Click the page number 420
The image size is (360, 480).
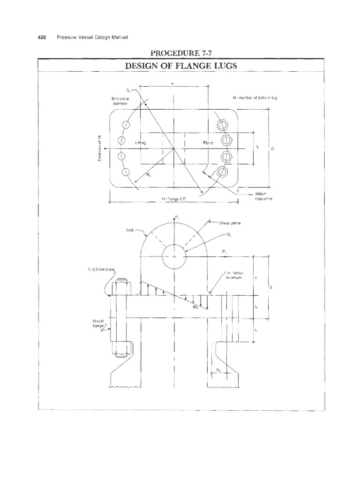[x=41, y=37]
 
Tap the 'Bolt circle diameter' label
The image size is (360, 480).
[x=120, y=101]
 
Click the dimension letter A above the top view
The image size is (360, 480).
[x=175, y=83]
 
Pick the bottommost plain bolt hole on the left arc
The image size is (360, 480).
[x=125, y=172]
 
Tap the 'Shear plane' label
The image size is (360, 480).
[x=229, y=223]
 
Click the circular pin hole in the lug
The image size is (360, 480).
[x=174, y=256]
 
